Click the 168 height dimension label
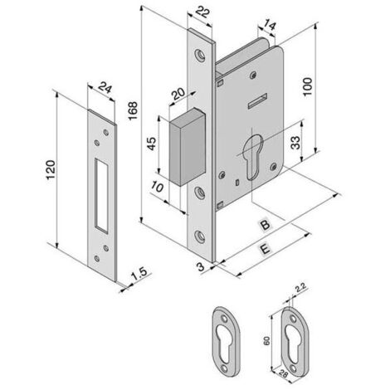click(x=133, y=110)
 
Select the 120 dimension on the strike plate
click(x=51, y=169)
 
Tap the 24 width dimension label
click(x=105, y=88)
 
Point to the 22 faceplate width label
click(x=202, y=12)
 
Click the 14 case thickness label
click(x=269, y=26)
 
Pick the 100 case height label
click(x=307, y=86)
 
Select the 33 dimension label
click(x=295, y=143)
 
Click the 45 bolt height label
click(x=151, y=144)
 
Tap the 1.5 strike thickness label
click(x=139, y=274)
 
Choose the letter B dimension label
click(x=265, y=225)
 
